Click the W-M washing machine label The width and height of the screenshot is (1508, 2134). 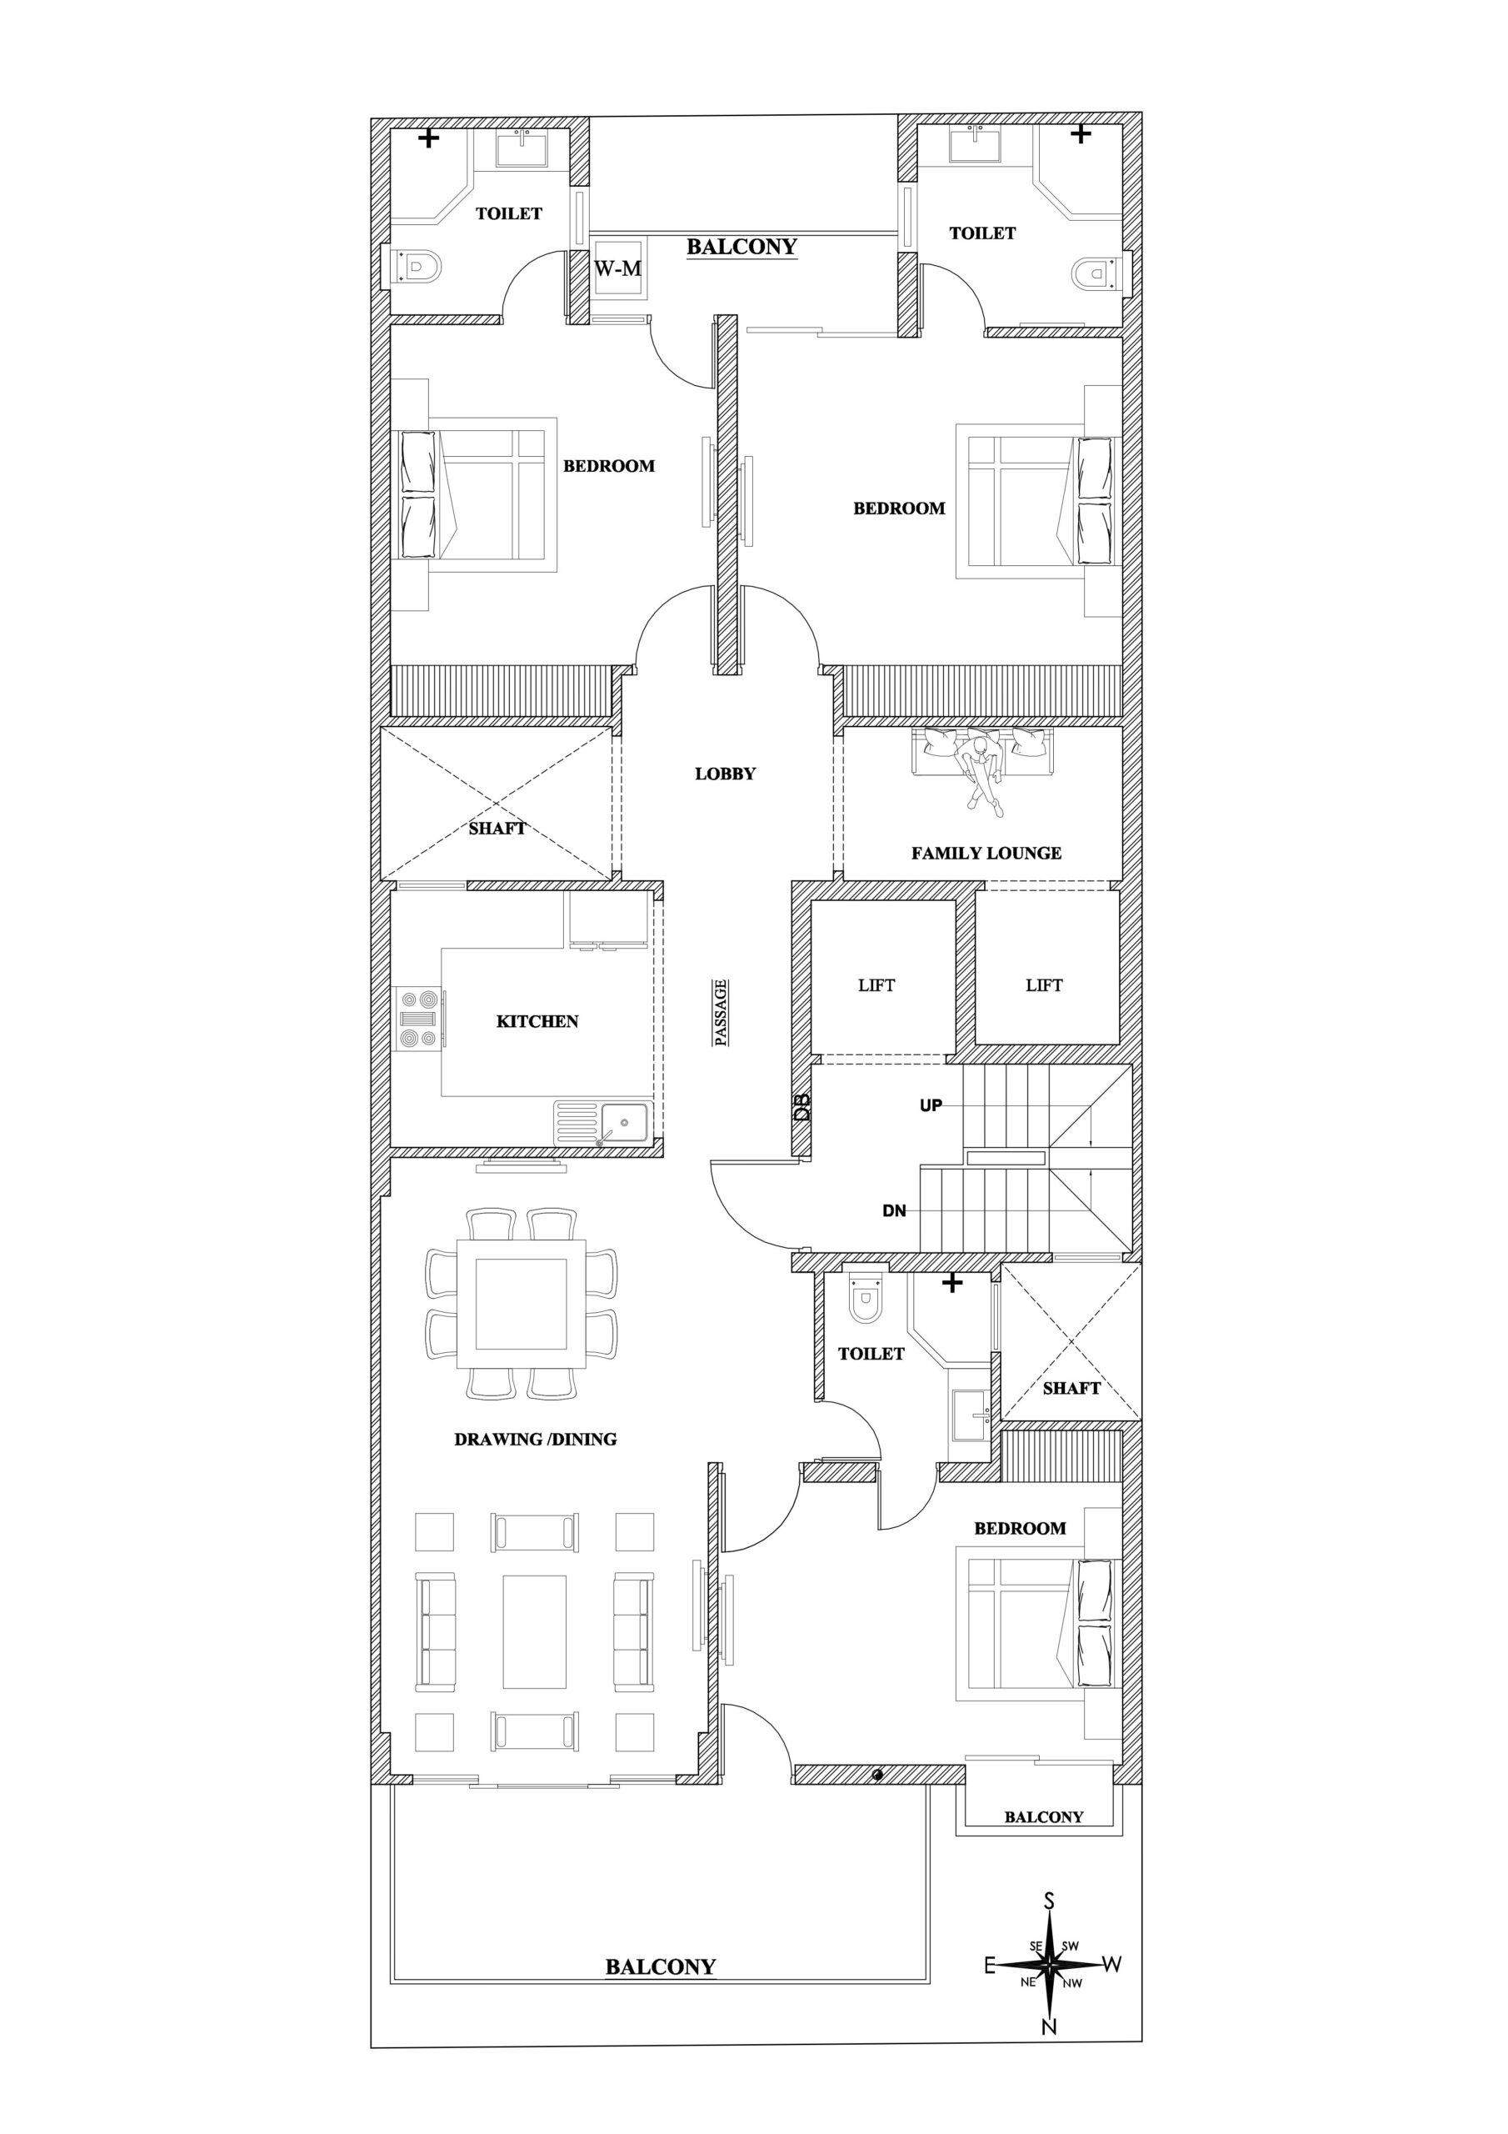(x=618, y=269)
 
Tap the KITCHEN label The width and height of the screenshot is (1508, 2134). (x=537, y=1021)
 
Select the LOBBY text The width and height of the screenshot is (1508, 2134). (x=726, y=774)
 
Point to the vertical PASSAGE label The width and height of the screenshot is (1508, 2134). (x=721, y=1012)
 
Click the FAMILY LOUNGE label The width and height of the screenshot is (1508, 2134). (x=986, y=854)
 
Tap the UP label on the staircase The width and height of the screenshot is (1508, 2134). (x=931, y=1106)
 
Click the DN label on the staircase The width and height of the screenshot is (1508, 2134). (x=894, y=1211)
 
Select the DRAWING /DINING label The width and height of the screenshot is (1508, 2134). (x=535, y=1440)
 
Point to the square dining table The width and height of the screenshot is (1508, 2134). (x=522, y=1303)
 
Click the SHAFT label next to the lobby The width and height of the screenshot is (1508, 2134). (x=497, y=829)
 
